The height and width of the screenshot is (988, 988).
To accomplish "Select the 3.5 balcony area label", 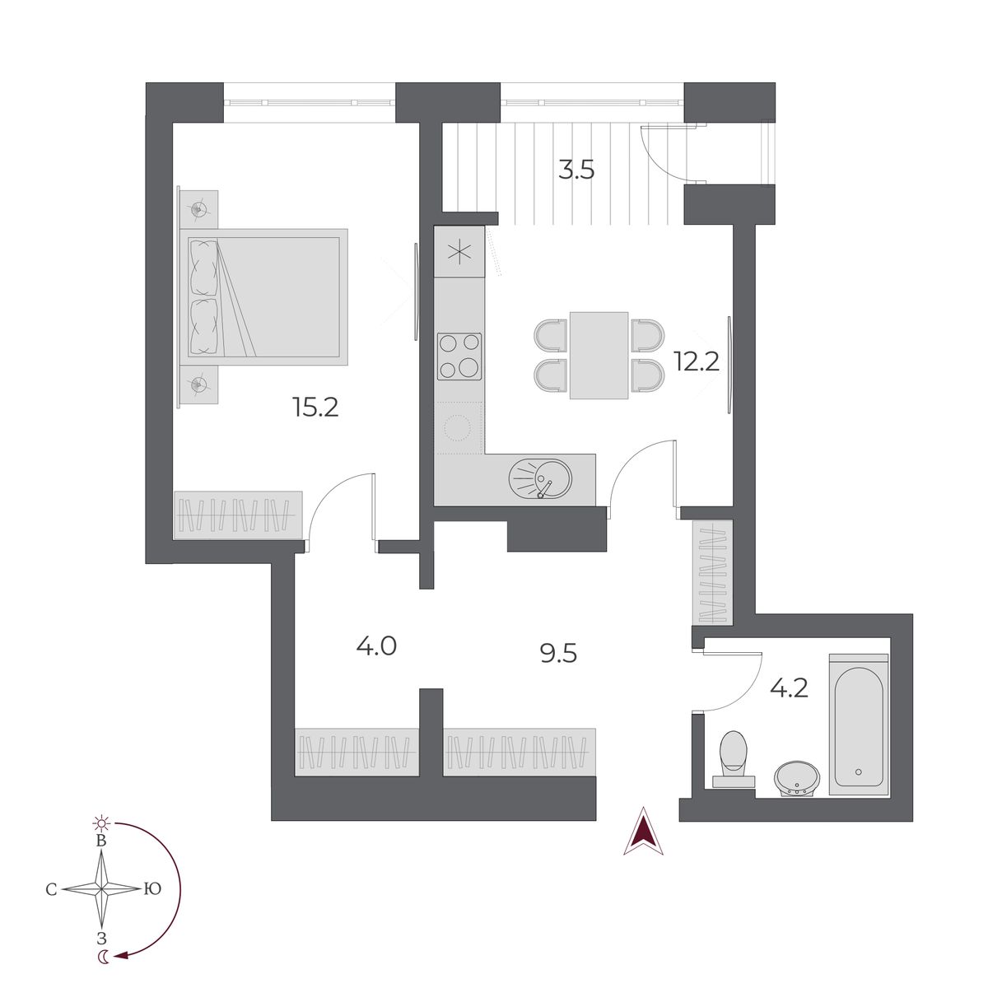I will coord(576,170).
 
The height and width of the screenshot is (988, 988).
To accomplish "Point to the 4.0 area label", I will coord(376,645).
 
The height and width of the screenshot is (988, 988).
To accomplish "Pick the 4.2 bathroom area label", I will coord(787,687).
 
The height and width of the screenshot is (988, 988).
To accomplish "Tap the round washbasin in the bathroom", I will coord(796,776).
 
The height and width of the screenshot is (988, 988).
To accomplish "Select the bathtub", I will coord(859,725).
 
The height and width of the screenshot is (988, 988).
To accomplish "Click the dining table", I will coord(599,355).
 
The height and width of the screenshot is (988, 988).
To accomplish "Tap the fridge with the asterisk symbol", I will coord(459,252).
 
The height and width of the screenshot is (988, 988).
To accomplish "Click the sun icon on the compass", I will coord(101,823).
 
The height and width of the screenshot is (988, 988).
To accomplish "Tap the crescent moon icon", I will coord(102,956).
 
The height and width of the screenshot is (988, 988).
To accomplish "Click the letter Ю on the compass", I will coord(151,889).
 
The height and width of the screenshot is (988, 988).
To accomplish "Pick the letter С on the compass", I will coord(51,889).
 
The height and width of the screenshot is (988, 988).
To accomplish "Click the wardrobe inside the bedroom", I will coord(237,515).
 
